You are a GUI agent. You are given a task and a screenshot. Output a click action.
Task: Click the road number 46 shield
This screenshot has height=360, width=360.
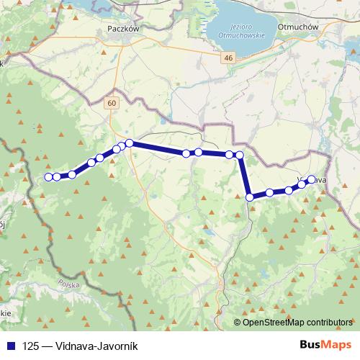coord(228,58)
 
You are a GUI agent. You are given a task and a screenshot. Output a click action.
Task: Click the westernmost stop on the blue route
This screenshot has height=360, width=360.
coord(48,176)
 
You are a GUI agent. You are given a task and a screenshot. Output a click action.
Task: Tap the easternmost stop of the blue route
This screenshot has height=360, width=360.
coord(312,179)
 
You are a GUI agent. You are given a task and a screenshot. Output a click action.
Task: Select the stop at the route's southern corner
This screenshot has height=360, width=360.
coord(250,197)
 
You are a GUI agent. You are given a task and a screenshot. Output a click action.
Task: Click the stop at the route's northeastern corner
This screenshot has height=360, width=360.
coord(240,155)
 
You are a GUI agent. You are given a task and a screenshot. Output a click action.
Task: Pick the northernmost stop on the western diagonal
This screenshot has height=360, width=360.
coord(130,143)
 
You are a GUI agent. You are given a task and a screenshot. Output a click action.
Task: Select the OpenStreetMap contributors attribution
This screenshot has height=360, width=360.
coord(297,322)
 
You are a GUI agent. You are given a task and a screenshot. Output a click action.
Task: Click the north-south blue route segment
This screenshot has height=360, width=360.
coord(245,176)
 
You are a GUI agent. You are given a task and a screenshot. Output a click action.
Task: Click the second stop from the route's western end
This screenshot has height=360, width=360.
coord(57,176)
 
